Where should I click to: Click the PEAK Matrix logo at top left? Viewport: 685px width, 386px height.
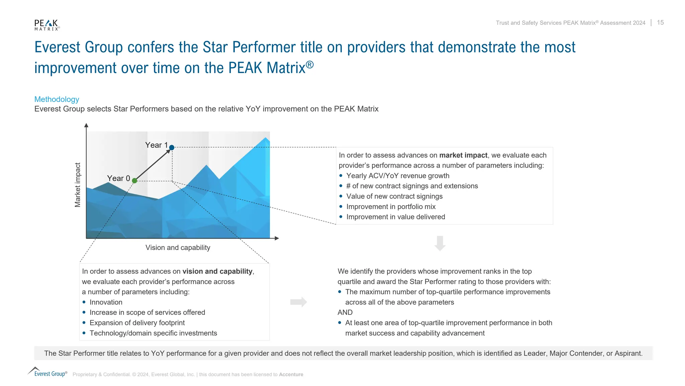47,25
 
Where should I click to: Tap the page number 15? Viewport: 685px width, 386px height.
660,22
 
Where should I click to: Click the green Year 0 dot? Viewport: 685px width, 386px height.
134,181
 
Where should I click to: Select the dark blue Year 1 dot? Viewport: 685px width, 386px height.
172,147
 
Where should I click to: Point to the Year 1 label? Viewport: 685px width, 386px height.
156,145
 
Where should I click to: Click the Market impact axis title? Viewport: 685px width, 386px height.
78,185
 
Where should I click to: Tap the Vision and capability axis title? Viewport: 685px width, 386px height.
178,248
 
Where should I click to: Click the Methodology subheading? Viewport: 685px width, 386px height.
57,99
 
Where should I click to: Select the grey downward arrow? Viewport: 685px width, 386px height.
440,243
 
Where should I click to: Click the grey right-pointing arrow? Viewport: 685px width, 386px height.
298,302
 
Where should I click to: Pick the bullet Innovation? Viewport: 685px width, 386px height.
106,302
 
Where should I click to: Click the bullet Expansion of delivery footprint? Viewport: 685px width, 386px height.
137,323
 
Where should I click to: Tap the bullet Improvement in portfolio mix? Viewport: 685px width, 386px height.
391,207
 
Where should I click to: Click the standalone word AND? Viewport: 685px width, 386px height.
345,312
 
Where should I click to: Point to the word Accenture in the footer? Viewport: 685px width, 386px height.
291,375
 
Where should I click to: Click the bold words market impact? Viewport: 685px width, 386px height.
463,155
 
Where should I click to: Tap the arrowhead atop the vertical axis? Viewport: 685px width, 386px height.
86,125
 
